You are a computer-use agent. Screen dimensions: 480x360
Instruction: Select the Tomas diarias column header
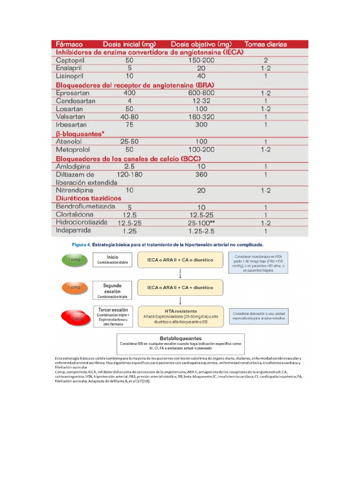click(x=265, y=45)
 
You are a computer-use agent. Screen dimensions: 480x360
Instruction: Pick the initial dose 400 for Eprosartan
click(x=129, y=93)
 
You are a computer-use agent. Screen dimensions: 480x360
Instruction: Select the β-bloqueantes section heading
click(x=80, y=134)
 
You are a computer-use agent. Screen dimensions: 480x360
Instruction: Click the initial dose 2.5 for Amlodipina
click(x=129, y=166)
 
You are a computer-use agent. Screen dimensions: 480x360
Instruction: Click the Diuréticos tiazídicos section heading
click(x=89, y=198)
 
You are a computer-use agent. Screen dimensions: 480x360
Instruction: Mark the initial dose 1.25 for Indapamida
click(x=129, y=231)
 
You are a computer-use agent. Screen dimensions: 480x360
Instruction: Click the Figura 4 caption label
click(x=81, y=245)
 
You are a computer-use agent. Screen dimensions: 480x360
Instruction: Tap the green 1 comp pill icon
click(x=74, y=259)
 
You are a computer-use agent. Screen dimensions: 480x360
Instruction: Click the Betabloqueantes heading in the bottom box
click(x=180, y=338)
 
